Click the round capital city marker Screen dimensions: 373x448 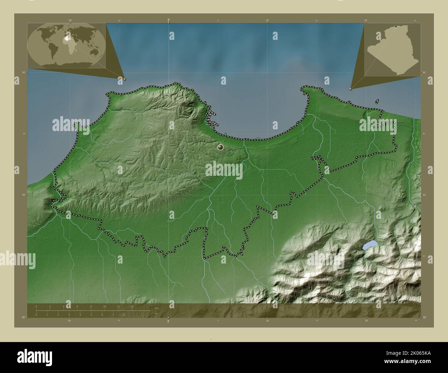click(221, 147)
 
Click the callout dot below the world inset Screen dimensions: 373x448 click(125, 79)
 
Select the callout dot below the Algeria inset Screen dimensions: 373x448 click(350, 89)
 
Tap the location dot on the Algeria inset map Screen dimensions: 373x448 click(396, 26)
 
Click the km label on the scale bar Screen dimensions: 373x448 click(156, 308)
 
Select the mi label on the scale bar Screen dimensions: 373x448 click(156, 313)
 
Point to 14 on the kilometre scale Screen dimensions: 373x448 click(132, 306)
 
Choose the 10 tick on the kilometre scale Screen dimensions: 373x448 click(104, 306)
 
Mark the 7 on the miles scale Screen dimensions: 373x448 click(113, 315)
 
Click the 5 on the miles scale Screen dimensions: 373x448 click(91, 315)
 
